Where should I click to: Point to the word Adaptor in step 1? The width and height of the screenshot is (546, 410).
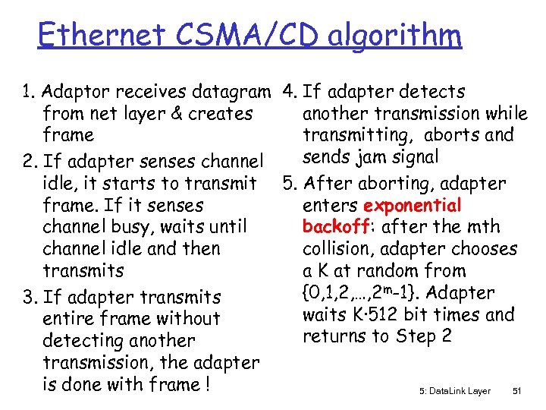coord(74,93)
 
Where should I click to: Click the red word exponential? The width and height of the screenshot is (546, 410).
coord(412,206)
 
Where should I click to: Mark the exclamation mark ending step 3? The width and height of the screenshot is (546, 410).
coord(206,384)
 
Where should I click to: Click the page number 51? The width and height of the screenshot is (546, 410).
coord(517,391)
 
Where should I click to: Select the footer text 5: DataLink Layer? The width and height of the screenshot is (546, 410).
coord(454,391)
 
